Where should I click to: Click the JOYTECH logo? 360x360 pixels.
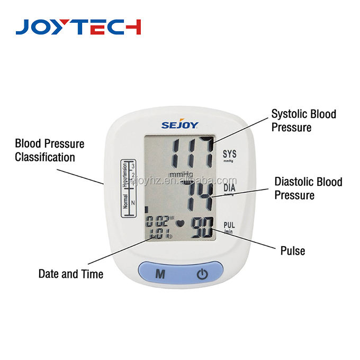pyautogui.click(x=78, y=26)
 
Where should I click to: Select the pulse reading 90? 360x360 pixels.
pyautogui.click(x=201, y=228)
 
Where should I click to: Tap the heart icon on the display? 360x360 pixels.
pyautogui.click(x=180, y=223)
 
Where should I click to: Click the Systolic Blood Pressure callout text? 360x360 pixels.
pyautogui.click(x=303, y=120)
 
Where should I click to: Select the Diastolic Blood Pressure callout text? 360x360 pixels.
pyautogui.click(x=308, y=188)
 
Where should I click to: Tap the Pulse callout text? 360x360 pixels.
pyautogui.click(x=292, y=250)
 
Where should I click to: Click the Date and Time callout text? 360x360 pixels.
pyautogui.click(x=70, y=274)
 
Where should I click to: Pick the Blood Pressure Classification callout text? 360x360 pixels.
pyautogui.click(x=49, y=150)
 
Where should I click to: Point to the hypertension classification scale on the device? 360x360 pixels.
pyautogui.click(x=129, y=188)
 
